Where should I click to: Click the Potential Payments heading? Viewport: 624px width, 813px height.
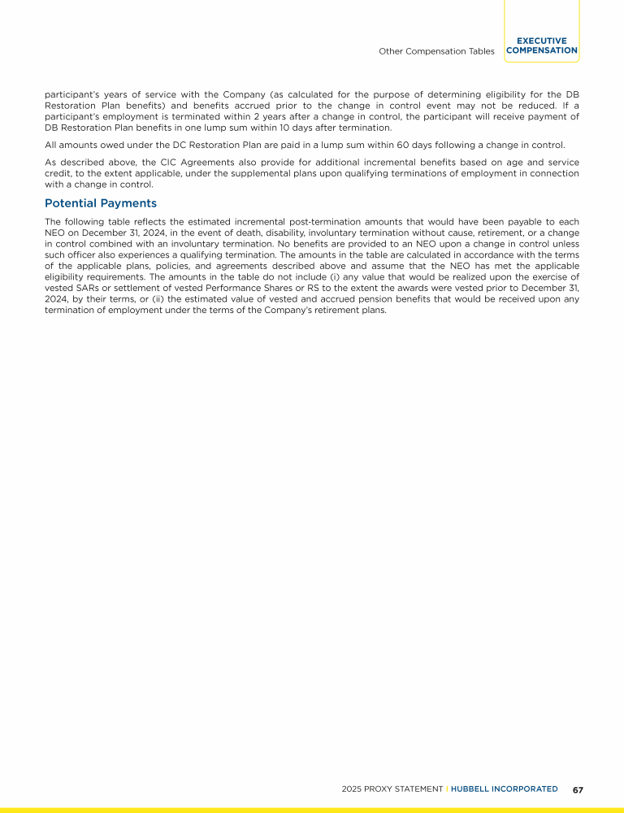click(101, 203)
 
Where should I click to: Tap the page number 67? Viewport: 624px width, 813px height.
click(578, 789)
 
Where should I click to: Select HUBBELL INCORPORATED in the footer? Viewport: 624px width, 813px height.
click(505, 789)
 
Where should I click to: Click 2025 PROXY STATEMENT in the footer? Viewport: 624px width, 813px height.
click(392, 789)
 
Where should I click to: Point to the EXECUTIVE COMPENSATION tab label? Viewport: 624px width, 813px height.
click(541, 46)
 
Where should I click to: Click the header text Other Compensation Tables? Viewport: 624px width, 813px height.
click(436, 50)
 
